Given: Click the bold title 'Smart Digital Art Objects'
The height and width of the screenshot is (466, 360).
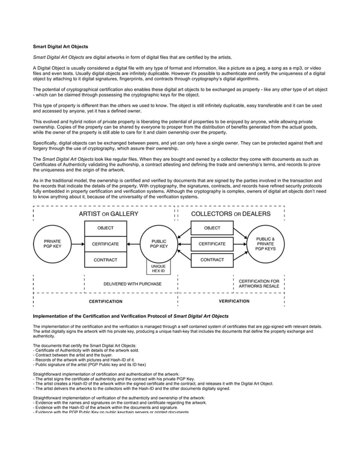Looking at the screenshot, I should [60, 46].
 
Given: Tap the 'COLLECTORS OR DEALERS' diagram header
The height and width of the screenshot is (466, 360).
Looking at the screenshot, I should [231, 214].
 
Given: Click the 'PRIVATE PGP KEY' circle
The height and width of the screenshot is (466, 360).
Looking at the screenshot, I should [52, 244].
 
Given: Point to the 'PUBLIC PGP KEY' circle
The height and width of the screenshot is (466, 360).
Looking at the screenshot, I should [159, 244].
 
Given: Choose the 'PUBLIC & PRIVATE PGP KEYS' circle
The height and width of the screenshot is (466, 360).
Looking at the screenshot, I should [266, 244].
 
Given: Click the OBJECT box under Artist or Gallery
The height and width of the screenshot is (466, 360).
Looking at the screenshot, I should [106, 228].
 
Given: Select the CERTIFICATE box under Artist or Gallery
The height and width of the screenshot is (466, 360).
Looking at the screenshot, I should [106, 244].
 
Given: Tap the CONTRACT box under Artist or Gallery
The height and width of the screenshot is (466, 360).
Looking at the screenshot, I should [106, 260].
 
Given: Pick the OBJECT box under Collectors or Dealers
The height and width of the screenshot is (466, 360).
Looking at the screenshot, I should [212, 228].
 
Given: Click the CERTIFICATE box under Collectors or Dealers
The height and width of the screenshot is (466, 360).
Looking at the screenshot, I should [212, 244].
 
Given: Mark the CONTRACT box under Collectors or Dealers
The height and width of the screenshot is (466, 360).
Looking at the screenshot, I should [212, 260].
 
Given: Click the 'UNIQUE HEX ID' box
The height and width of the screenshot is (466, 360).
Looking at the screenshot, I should [159, 268].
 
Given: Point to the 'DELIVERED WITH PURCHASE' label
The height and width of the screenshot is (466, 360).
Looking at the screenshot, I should [133, 284].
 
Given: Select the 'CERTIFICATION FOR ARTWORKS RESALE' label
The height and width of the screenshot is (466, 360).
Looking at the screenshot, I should [259, 284].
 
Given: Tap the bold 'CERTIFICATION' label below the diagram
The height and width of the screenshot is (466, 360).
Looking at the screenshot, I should [106, 302].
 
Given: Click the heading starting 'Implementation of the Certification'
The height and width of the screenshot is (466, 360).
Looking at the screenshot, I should [131, 316].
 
